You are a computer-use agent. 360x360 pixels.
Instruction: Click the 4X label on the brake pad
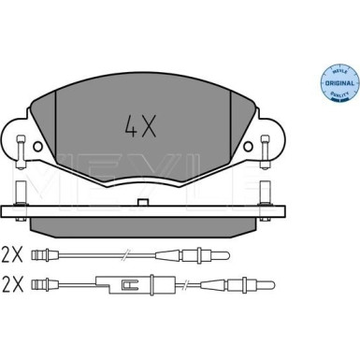(x=140, y=125)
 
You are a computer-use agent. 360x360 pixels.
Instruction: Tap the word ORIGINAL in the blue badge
(x=339, y=83)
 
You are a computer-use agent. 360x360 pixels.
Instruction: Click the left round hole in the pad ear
(x=37, y=146)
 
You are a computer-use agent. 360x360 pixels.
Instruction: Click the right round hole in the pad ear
(x=249, y=146)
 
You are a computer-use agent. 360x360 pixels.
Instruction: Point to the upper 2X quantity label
(x=12, y=255)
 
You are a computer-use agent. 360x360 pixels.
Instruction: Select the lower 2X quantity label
(x=12, y=285)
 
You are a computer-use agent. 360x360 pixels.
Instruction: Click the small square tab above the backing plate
(x=142, y=202)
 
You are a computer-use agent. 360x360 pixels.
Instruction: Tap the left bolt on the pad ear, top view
(x=21, y=151)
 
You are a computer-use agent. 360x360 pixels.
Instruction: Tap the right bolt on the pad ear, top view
(x=265, y=151)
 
